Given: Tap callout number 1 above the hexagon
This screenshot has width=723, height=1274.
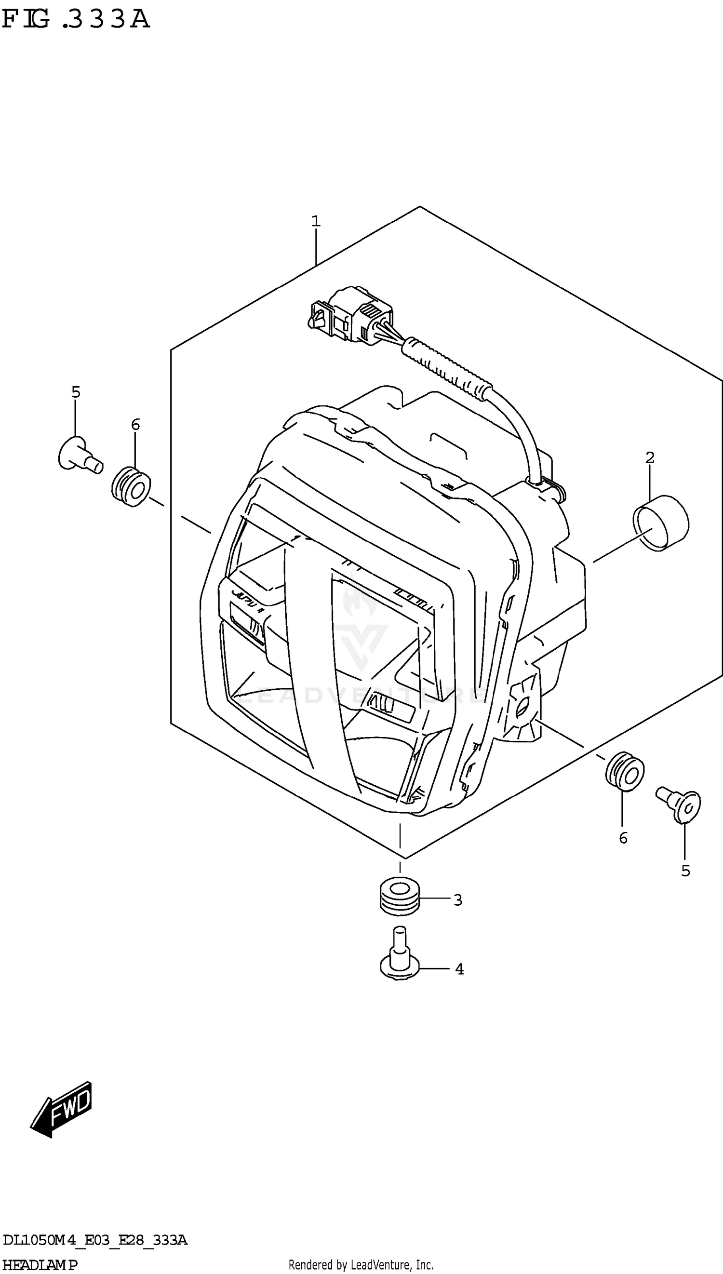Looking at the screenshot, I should [x=316, y=221].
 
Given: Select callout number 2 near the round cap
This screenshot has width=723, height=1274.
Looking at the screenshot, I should [x=650, y=457].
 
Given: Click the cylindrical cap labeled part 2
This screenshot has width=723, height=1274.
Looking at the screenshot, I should [x=661, y=523].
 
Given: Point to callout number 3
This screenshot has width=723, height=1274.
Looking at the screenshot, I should [x=458, y=900].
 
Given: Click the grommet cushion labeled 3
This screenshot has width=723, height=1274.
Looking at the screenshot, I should [x=400, y=897].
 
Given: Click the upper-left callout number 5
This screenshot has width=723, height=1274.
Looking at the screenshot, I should [x=76, y=392].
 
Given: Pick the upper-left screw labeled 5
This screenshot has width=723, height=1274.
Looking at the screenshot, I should [x=80, y=455].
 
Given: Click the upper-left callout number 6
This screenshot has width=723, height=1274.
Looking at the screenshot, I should [x=135, y=425].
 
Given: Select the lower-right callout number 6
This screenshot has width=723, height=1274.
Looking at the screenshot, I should [x=623, y=838].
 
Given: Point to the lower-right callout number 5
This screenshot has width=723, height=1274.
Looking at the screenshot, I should [x=686, y=871].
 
